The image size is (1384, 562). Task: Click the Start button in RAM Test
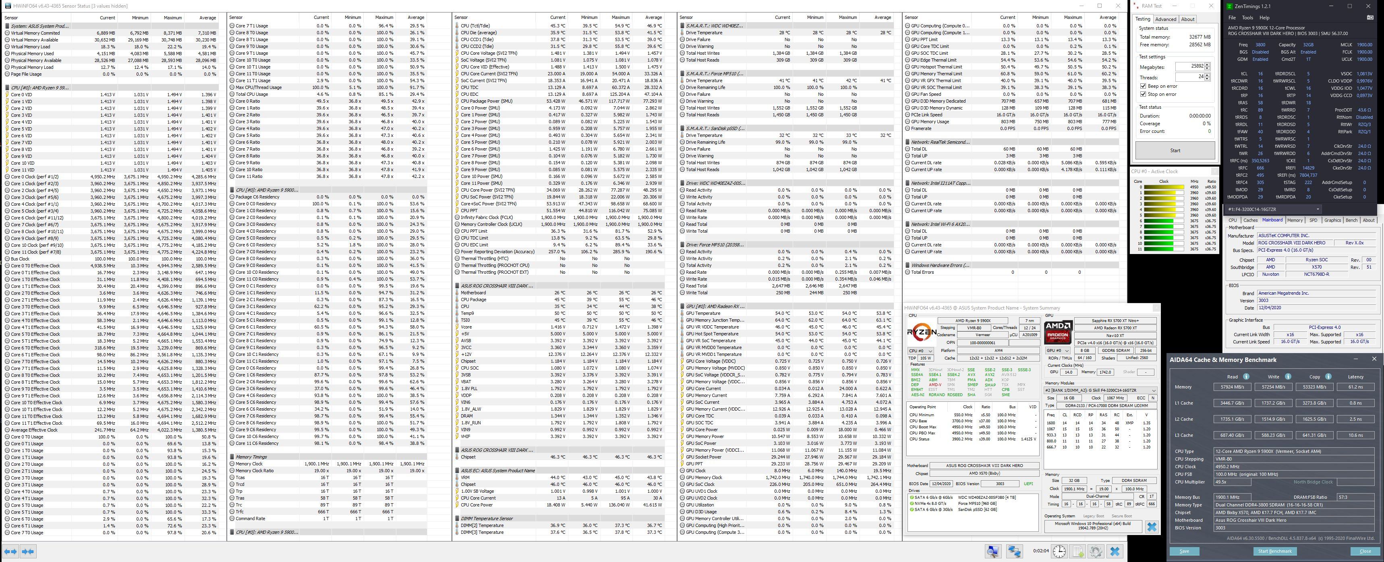[1175, 150]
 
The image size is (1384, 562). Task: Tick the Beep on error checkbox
[1143, 86]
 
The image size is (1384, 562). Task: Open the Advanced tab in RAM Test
[1165, 19]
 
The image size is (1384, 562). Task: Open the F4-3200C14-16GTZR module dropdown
[1273, 209]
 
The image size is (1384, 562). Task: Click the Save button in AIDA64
[1184, 551]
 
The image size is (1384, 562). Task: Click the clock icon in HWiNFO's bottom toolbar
[1059, 551]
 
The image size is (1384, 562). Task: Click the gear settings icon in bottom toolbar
[1096, 551]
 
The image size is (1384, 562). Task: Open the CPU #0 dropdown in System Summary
[920, 351]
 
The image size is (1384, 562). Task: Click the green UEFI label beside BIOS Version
[1028, 483]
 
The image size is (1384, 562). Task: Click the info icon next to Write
[1288, 377]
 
